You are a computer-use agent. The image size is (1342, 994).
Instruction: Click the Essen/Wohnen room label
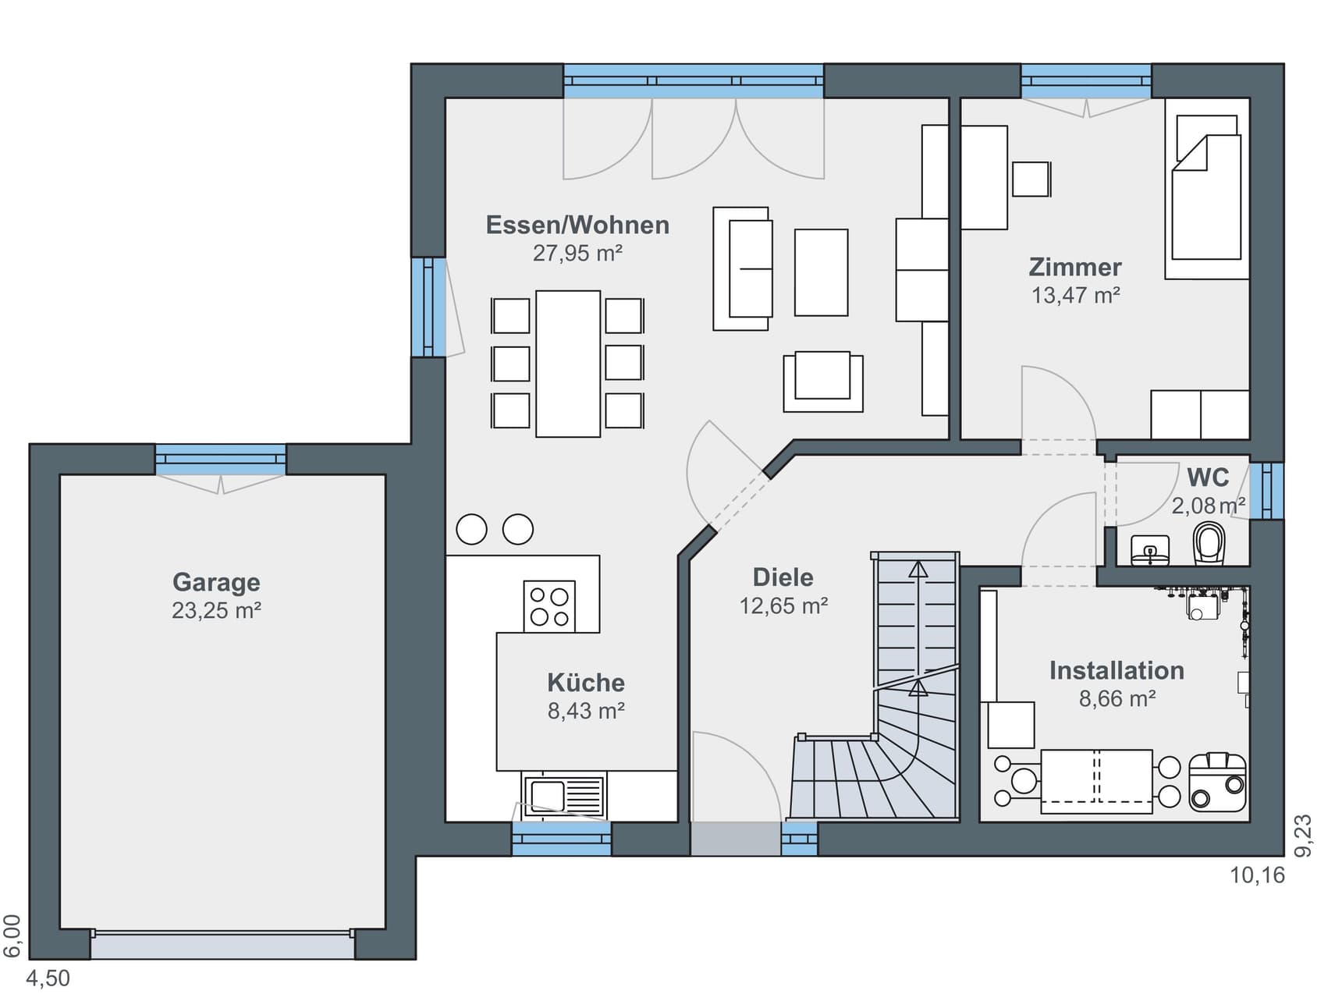pyautogui.click(x=577, y=225)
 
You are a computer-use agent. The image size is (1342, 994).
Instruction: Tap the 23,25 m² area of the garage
pyautogui.click(x=216, y=610)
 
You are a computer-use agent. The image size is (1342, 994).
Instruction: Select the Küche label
pyautogui.click(x=586, y=683)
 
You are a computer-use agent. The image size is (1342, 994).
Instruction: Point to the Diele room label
pyautogui.click(x=783, y=577)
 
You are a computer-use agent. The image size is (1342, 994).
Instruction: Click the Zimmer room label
pyautogui.click(x=1075, y=267)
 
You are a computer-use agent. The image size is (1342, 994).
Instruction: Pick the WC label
pyautogui.click(x=1208, y=477)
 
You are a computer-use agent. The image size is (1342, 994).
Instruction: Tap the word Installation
pyautogui.click(x=1117, y=670)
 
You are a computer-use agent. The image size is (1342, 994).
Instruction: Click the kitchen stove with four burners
pyautogui.click(x=549, y=606)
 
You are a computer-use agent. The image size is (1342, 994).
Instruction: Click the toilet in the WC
pyautogui.click(x=1209, y=543)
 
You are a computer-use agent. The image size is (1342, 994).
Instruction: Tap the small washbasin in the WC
pyautogui.click(x=1150, y=550)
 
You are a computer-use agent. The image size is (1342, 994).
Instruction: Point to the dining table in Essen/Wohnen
pyautogui.click(x=568, y=364)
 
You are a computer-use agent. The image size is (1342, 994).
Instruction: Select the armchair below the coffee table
pyautogui.click(x=823, y=382)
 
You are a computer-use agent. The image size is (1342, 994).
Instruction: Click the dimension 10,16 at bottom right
pyautogui.click(x=1257, y=875)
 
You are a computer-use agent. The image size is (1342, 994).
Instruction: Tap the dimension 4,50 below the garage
pyautogui.click(x=48, y=978)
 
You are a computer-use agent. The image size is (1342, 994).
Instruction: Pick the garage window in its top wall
pyautogui.click(x=221, y=460)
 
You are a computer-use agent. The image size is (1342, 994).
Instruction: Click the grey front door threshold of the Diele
pyautogui.click(x=735, y=839)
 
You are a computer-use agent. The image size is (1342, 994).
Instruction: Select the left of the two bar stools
pyautogui.click(x=471, y=529)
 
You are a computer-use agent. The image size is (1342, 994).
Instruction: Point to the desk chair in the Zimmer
pyautogui.click(x=1031, y=179)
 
